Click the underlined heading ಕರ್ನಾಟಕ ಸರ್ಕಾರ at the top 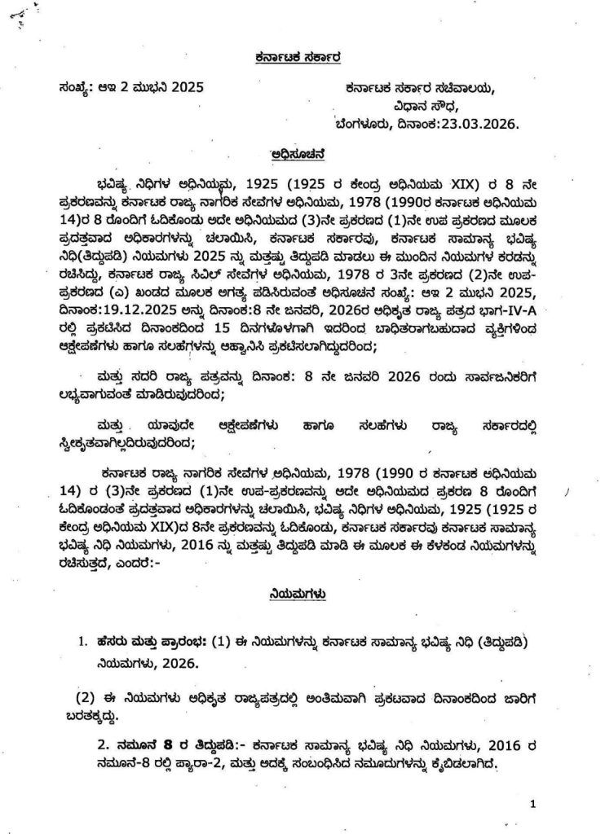302,58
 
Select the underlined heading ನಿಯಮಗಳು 301,595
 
